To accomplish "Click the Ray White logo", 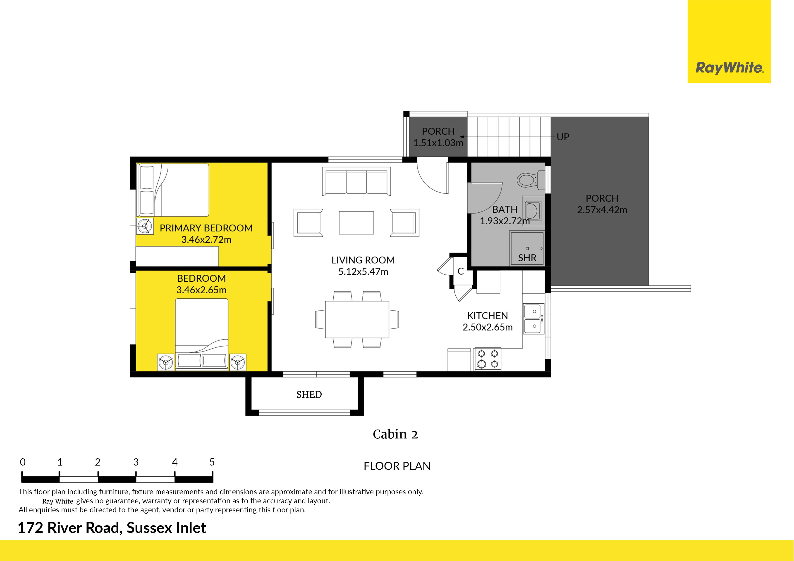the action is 729,68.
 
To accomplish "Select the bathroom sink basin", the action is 533,211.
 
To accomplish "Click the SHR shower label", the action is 527,258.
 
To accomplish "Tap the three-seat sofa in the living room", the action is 356,181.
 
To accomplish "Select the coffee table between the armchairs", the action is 356,223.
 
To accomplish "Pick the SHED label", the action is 309,394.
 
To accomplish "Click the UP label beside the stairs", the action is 563,137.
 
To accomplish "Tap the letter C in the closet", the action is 461,271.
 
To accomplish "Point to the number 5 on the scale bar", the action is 212,462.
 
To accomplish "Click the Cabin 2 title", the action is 395,434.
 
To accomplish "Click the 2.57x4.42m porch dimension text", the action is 602,210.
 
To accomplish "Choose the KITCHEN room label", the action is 488,316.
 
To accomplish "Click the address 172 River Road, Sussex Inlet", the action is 112,528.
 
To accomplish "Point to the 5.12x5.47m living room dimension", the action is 363,272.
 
